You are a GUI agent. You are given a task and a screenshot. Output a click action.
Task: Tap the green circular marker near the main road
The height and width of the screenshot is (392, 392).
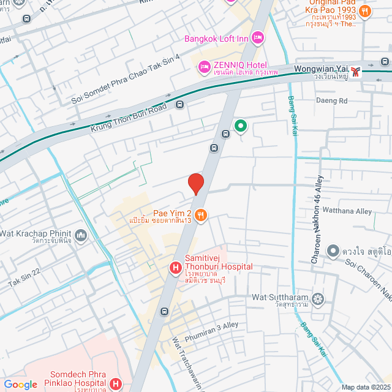[x=241, y=127]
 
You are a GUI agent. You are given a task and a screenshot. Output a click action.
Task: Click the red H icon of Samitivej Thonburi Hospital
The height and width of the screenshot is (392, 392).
[x=175, y=267]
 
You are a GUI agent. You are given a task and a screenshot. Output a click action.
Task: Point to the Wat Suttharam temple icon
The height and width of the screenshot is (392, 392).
[x=317, y=299]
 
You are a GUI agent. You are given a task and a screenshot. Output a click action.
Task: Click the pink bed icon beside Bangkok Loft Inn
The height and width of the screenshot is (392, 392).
[x=258, y=38]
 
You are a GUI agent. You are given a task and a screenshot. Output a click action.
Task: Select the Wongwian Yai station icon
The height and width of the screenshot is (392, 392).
[x=357, y=71]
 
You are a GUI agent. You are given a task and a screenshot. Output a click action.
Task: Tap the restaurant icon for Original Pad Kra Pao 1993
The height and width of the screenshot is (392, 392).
[x=365, y=10]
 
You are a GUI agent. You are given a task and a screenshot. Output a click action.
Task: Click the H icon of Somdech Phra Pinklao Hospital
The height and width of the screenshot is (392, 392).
[x=116, y=383]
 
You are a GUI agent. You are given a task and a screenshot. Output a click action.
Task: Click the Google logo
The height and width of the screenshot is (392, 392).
[x=20, y=384]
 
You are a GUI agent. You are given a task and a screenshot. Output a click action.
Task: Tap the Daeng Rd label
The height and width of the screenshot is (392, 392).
[x=331, y=100]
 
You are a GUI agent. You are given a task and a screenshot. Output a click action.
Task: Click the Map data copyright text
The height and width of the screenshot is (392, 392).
[x=366, y=387]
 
